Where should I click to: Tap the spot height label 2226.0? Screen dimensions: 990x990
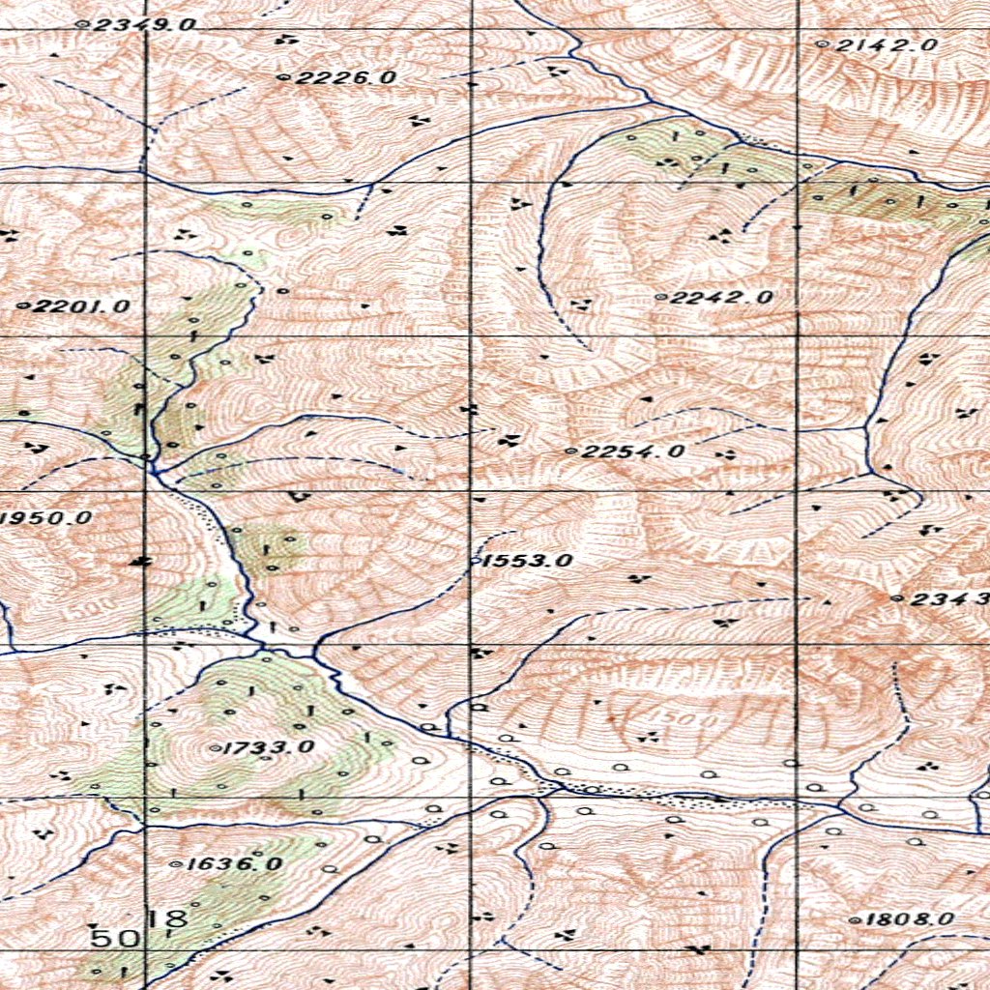point(345,77)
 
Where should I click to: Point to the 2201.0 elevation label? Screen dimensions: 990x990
point(80,306)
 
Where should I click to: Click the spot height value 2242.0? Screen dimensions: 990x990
point(720,298)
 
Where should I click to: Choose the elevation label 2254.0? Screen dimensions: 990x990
point(633,451)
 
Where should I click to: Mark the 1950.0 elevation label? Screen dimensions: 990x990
point(48,518)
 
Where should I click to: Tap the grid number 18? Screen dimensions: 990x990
point(168,918)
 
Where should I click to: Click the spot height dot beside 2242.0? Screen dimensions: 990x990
point(660,298)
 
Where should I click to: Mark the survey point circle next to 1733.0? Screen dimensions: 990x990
point(215,747)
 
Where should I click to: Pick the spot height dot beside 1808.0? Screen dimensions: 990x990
point(855,920)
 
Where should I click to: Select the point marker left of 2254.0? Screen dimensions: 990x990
point(571,451)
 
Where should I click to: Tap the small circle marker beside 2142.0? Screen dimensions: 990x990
point(823,44)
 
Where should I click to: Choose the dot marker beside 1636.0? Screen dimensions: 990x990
point(174,864)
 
